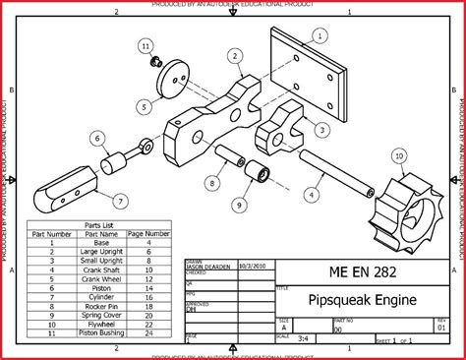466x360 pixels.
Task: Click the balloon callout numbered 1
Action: pyautogui.click(x=320, y=36)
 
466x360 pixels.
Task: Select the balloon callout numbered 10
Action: pyautogui.click(x=398, y=155)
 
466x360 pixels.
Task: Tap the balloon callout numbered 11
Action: pyautogui.click(x=146, y=46)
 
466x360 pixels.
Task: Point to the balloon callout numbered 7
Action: pyautogui.click(x=119, y=201)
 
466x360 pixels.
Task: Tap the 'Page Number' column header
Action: pyautogui.click(x=148, y=233)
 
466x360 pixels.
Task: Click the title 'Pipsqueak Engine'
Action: pyautogui.click(x=362, y=300)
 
